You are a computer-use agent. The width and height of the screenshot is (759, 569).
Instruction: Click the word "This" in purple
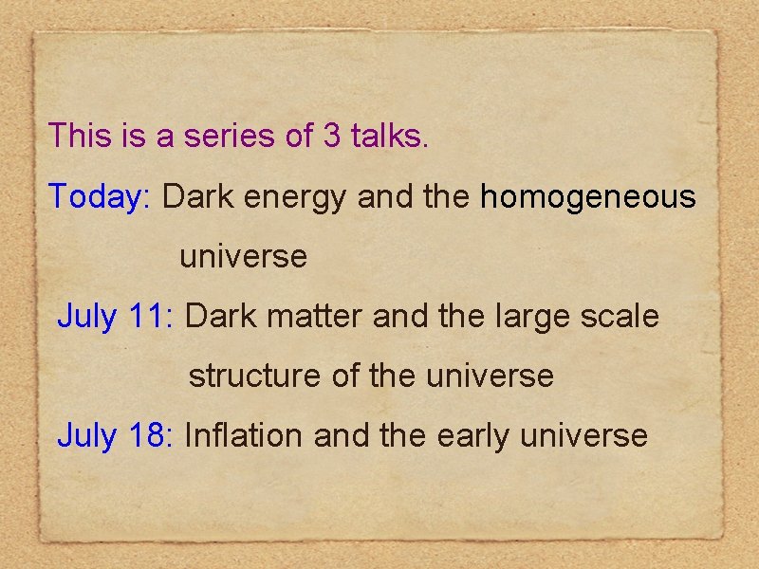click(81, 136)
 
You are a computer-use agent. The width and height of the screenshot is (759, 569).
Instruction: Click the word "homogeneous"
click(588, 198)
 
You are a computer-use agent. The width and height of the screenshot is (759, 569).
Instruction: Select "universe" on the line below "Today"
click(244, 257)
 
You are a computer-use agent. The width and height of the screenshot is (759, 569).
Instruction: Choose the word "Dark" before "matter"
click(220, 316)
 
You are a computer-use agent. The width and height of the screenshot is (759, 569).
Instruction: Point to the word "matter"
click(312, 316)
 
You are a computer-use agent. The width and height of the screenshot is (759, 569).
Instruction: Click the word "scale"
click(618, 316)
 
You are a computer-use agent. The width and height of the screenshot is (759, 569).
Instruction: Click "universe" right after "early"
click(585, 436)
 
